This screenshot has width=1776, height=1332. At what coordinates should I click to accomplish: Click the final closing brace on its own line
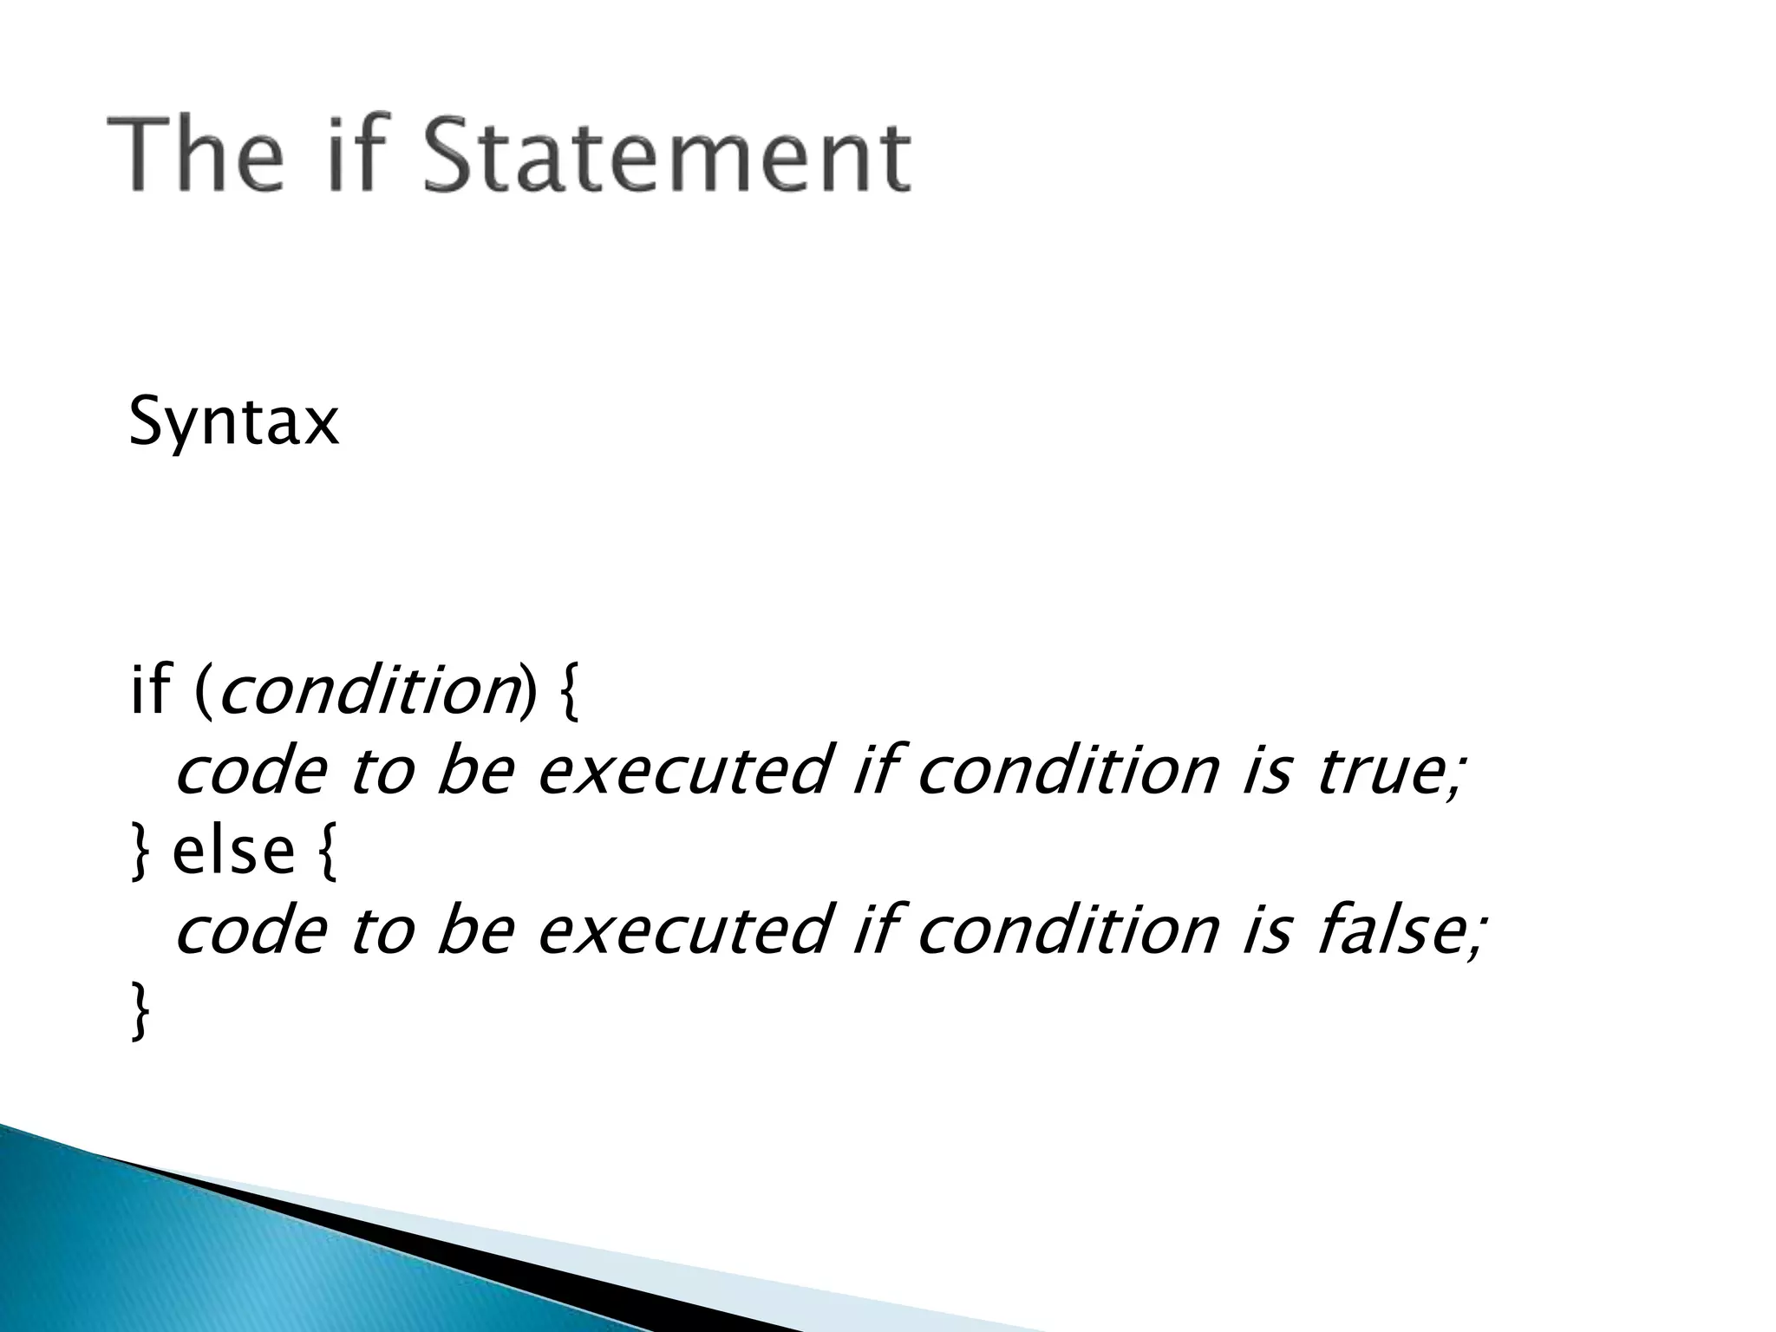(x=139, y=1010)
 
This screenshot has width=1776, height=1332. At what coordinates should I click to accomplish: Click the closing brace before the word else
(x=139, y=852)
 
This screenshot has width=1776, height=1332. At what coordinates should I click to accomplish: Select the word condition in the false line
(x=1067, y=930)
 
